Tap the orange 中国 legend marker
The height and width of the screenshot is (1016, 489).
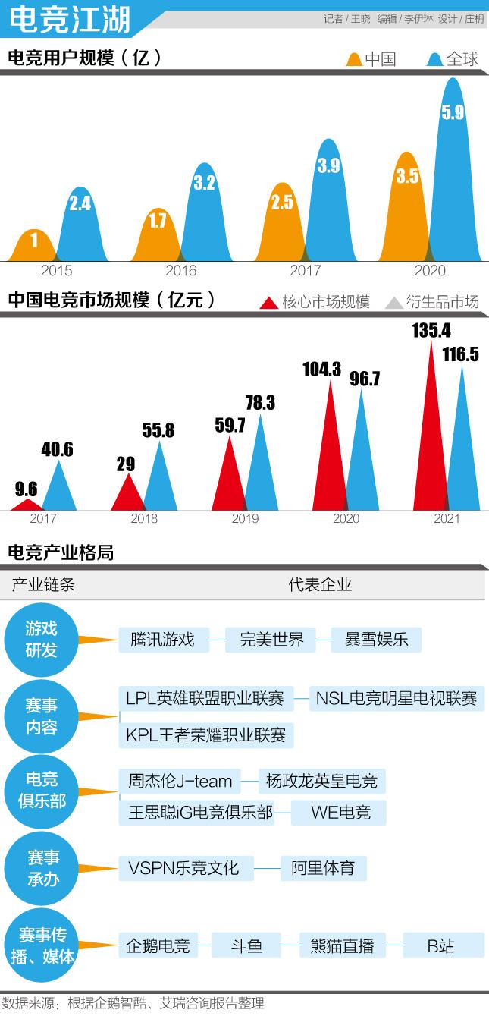pos(354,59)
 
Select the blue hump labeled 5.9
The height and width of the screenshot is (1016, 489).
pos(453,175)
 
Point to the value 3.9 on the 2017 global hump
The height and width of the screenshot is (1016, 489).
pos(328,167)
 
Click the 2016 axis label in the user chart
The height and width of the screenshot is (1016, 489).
pos(180,271)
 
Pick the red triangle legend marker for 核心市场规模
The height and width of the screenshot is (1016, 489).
pos(269,303)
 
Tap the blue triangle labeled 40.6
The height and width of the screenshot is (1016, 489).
pos(59,486)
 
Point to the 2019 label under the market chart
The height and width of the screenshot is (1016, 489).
pos(245,519)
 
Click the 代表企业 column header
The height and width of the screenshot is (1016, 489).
pos(320,585)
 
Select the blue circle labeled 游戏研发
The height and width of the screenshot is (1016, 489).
pos(41,640)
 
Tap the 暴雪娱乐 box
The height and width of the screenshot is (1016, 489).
pos(376,640)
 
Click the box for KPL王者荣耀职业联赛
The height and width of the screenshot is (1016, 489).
pos(206,735)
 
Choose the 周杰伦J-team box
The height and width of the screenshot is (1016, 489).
pos(180,780)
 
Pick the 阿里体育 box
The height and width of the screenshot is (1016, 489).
pos(323,868)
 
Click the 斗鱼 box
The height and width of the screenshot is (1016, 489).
pos(246,945)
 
